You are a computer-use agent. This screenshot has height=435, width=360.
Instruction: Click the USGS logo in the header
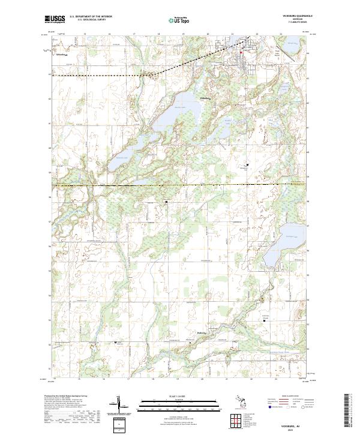click(x=55, y=19)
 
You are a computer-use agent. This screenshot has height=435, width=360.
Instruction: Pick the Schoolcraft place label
click(x=62, y=55)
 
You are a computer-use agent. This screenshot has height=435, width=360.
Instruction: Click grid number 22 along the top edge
click(x=257, y=34)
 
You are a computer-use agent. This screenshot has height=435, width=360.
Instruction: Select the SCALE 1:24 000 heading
click(x=177, y=397)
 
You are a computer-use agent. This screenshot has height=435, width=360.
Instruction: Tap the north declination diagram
click(x=118, y=406)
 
